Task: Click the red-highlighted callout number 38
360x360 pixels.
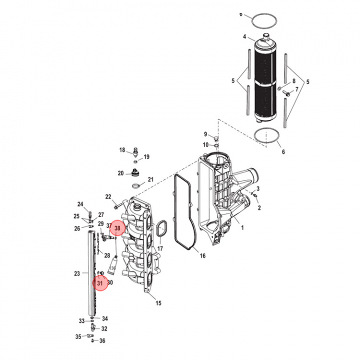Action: click(117, 228)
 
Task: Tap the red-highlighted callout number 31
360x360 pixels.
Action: click(100, 283)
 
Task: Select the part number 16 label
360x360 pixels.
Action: click(202, 255)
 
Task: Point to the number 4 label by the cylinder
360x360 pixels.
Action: click(244, 37)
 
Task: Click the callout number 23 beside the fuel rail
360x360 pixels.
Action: click(77, 273)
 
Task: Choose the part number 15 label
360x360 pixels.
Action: click(158, 303)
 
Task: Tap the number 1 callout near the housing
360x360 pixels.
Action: click(242, 227)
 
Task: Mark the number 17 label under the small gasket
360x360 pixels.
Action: click(160, 248)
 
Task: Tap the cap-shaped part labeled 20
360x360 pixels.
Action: click(134, 174)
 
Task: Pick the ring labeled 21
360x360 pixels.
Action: click(136, 185)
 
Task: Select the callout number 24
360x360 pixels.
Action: click(80, 204)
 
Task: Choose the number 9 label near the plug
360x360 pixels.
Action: click(205, 134)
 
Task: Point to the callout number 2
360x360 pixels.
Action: click(259, 207)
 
